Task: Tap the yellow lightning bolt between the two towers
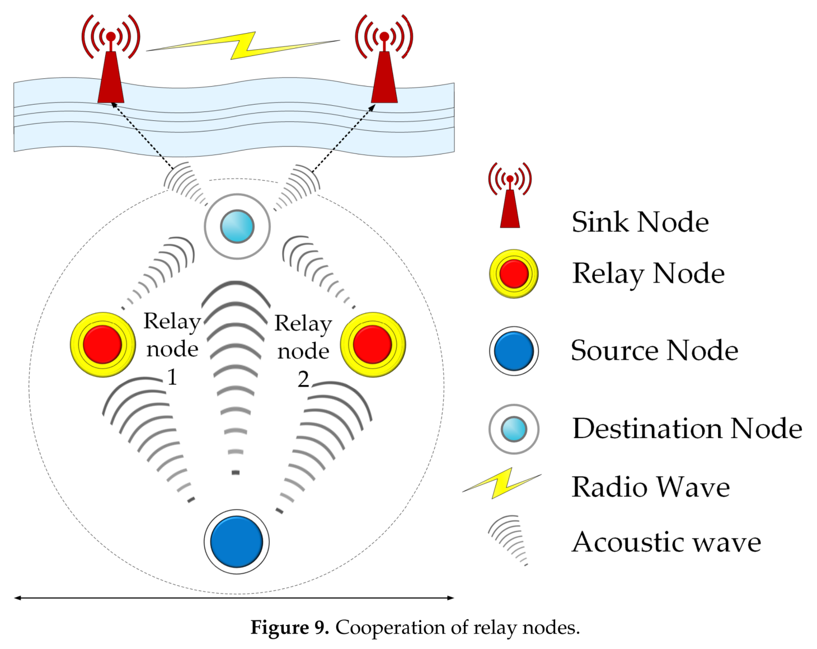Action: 243,45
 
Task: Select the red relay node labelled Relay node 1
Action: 102,344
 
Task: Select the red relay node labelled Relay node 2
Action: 373,344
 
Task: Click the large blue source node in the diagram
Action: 237,542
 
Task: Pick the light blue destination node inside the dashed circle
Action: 237,227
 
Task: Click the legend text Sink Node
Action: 640,222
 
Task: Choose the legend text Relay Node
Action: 648,274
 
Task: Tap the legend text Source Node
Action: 654,351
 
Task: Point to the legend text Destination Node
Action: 687,429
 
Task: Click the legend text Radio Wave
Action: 650,487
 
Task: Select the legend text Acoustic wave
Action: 666,542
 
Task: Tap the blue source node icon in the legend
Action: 514,351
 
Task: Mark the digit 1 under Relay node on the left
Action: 172,377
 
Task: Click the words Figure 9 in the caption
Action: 289,627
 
